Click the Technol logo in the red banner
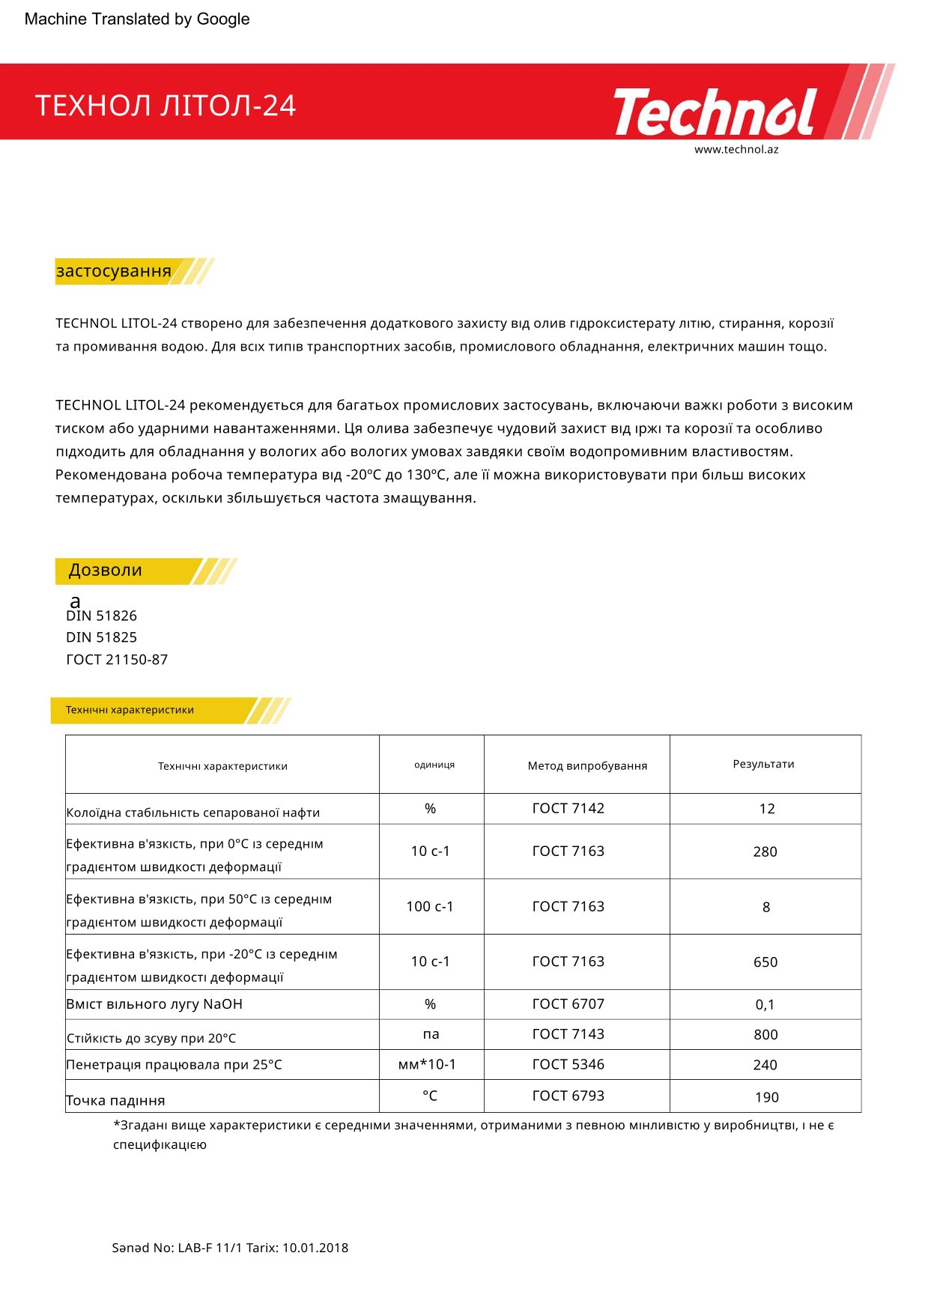(715, 112)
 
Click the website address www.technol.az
(736, 149)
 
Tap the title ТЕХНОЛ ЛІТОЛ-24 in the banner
(166, 106)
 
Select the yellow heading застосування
(114, 271)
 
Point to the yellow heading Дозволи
(106, 571)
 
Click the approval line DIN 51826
(102, 616)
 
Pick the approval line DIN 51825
(102, 637)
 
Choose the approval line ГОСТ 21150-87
(117, 660)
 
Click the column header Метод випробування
(587, 765)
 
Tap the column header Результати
(763, 764)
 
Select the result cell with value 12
(766, 809)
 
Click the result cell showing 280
(765, 851)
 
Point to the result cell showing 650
(765, 962)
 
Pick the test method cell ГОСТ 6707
(568, 1004)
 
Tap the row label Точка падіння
(115, 1100)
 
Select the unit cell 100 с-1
(430, 906)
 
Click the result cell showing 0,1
(765, 1005)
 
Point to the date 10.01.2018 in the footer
(315, 1248)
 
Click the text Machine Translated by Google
(137, 19)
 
